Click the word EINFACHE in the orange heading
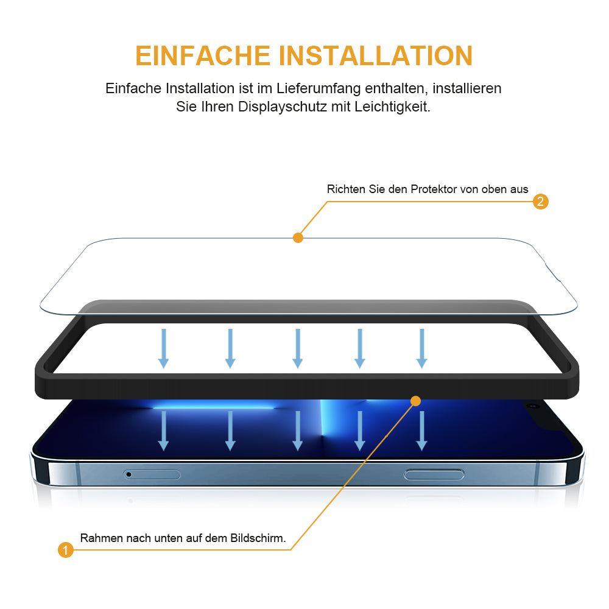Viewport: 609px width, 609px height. click(x=203, y=55)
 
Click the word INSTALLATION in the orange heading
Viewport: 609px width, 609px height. click(x=376, y=55)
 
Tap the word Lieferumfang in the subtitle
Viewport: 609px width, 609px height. click(x=319, y=89)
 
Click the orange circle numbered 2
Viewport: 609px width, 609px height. click(x=540, y=202)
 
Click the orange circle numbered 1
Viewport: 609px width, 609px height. click(x=66, y=549)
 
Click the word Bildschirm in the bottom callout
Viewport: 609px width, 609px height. click(x=258, y=538)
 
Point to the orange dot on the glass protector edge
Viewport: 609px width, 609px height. click(x=298, y=238)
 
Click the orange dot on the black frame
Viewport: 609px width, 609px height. click(x=415, y=401)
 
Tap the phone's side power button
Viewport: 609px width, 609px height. click(x=434, y=474)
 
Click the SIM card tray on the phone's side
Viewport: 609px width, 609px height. click(x=152, y=474)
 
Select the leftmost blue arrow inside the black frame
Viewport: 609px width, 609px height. click(x=163, y=348)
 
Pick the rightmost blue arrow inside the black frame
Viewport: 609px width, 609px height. click(x=422, y=348)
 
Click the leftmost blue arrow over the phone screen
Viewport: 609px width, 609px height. click(x=163, y=431)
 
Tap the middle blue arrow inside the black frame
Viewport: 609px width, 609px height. click(x=298, y=348)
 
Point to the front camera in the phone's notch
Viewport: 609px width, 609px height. click(x=533, y=406)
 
